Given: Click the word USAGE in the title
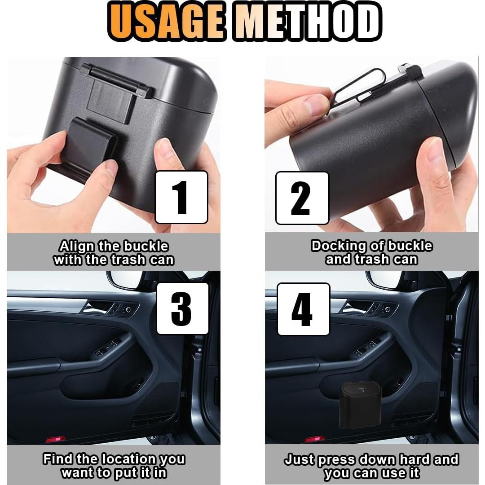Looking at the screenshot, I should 166,21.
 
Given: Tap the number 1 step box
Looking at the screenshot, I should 181,197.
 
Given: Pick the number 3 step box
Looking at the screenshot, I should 182,309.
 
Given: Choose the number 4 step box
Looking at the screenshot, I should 303,309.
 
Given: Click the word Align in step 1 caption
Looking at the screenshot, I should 77,247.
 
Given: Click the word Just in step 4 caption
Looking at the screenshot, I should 300,459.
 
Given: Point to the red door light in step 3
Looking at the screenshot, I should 56,439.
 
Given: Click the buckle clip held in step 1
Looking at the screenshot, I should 90,149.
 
